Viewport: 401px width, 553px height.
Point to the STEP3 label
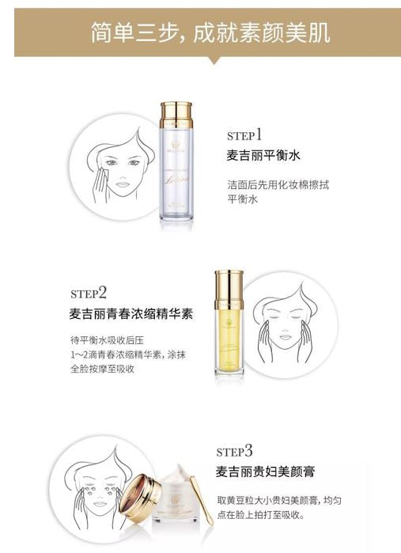[234, 452]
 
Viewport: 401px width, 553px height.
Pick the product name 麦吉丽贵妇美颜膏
[266, 473]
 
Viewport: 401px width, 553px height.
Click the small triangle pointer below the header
[209, 60]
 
